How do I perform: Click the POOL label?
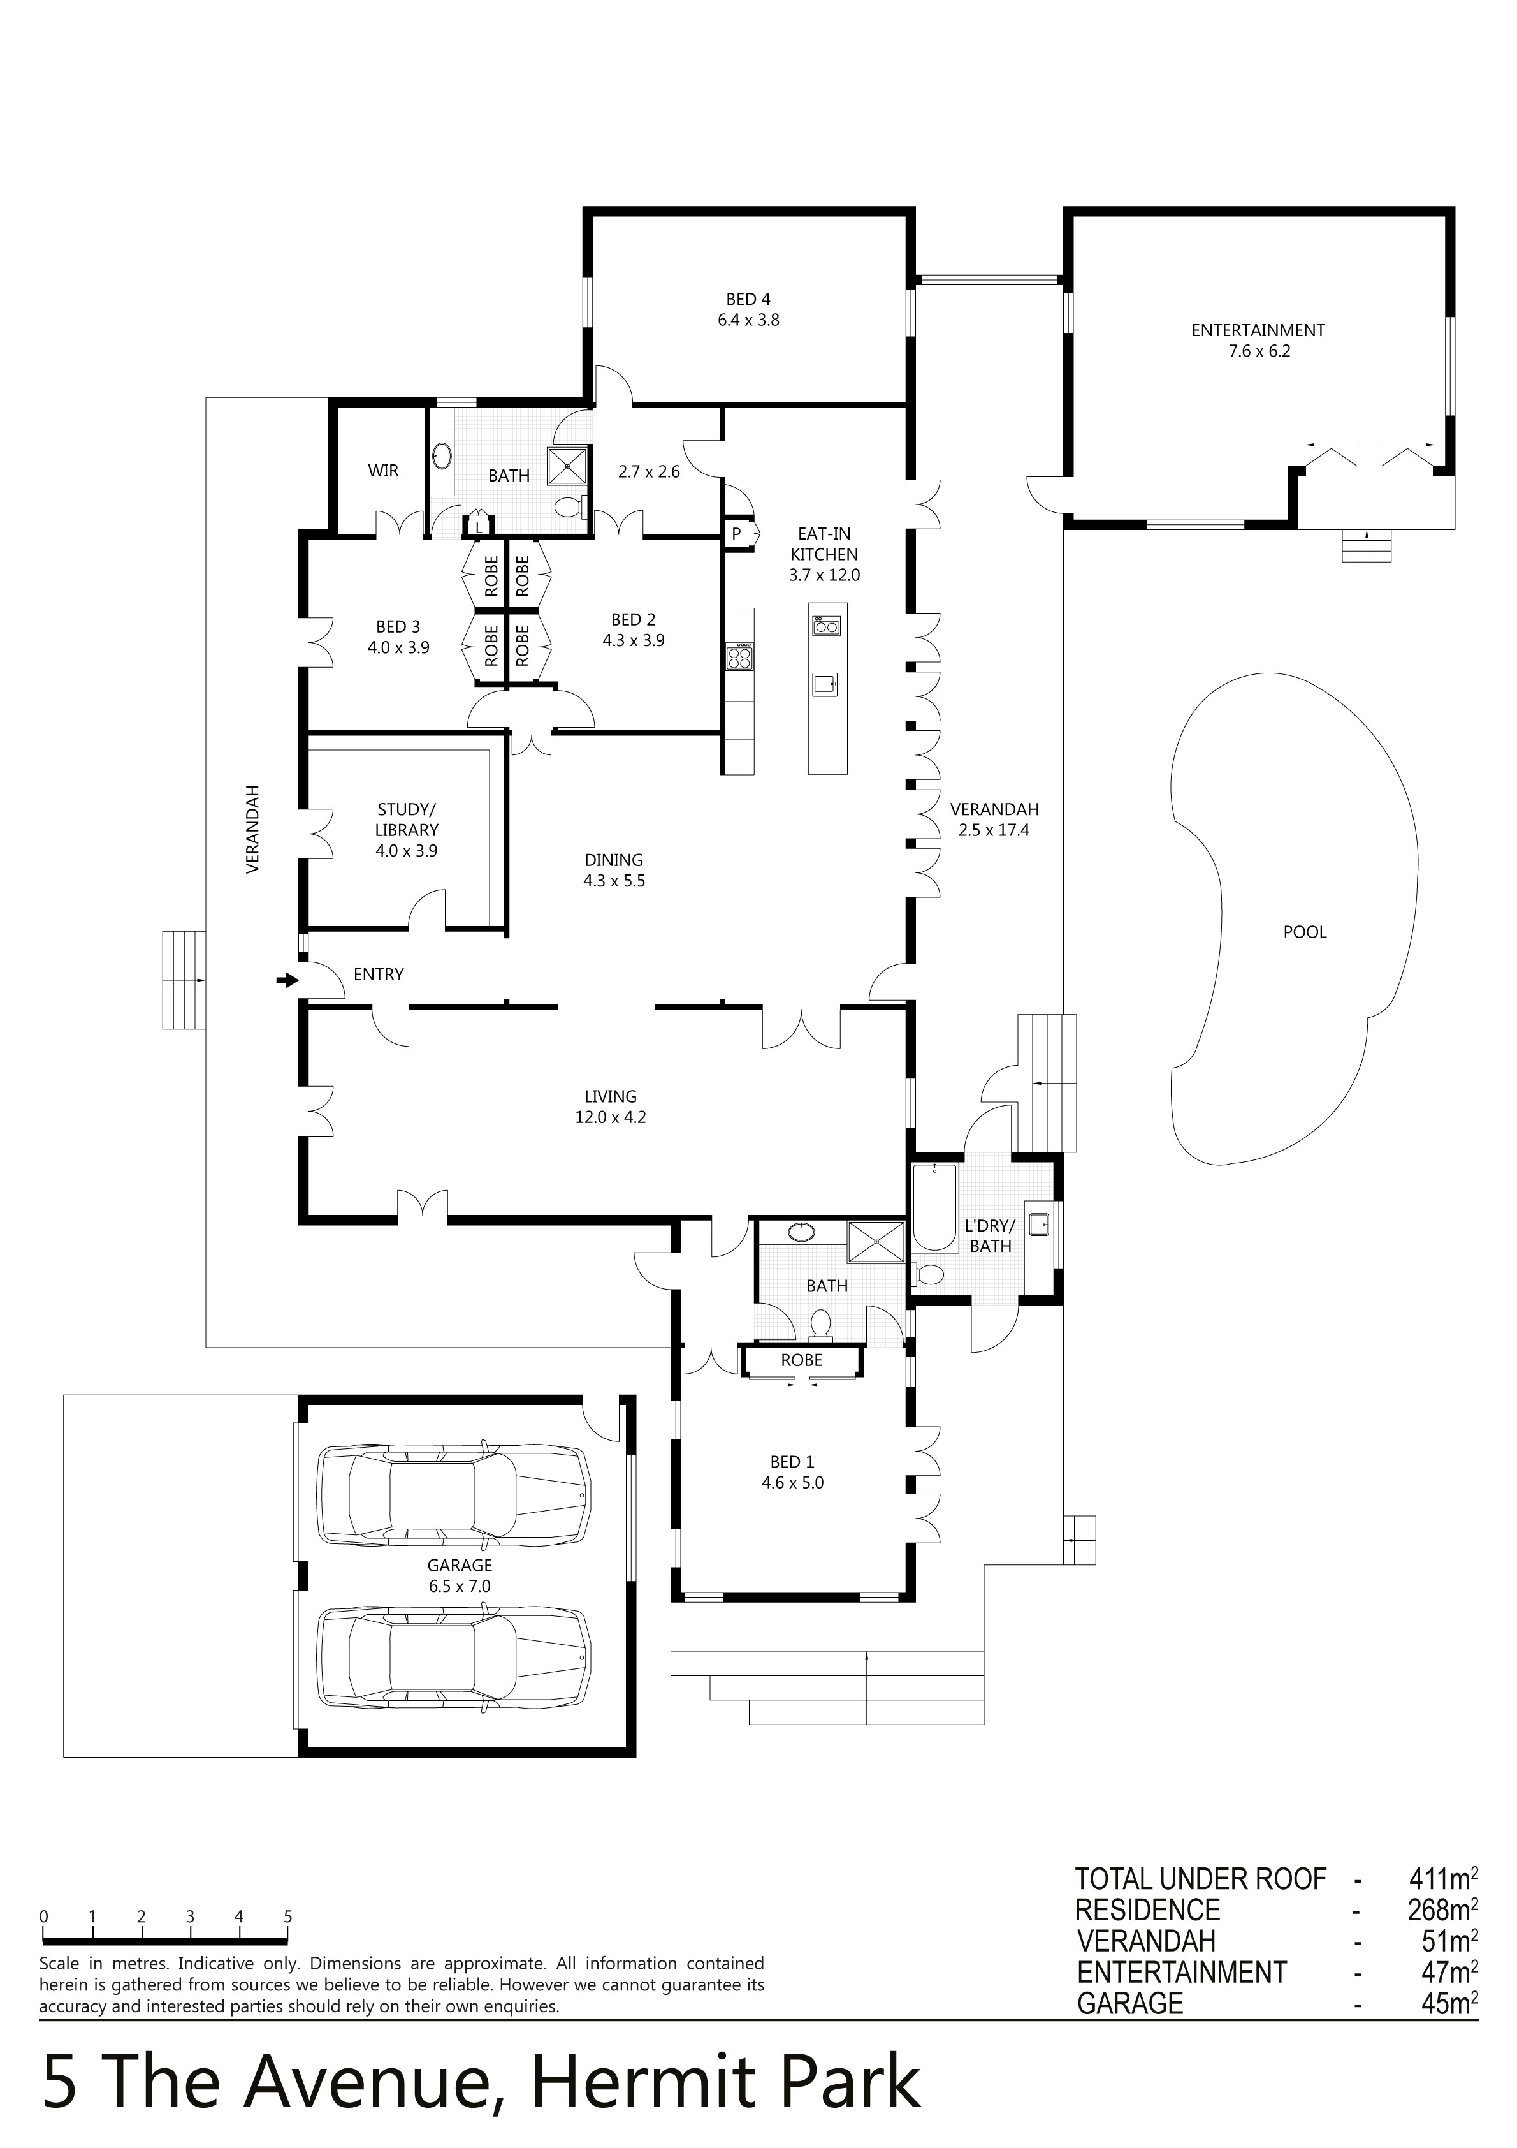[1305, 932]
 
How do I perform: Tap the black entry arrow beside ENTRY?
[287, 980]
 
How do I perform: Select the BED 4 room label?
[748, 299]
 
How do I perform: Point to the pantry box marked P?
[737, 534]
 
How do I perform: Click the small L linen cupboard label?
[479, 527]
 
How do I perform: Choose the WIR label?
[384, 471]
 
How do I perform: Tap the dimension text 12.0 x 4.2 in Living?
[611, 1117]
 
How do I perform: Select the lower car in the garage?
[454, 1659]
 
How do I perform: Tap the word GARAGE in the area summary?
[1130, 2003]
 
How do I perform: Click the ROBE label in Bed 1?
[801, 1360]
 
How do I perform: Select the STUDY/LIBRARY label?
[407, 820]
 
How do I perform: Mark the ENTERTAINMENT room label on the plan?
[1258, 330]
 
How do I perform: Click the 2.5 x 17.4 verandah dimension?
[993, 830]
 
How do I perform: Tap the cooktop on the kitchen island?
[827, 623]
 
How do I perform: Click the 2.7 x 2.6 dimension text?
[649, 471]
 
